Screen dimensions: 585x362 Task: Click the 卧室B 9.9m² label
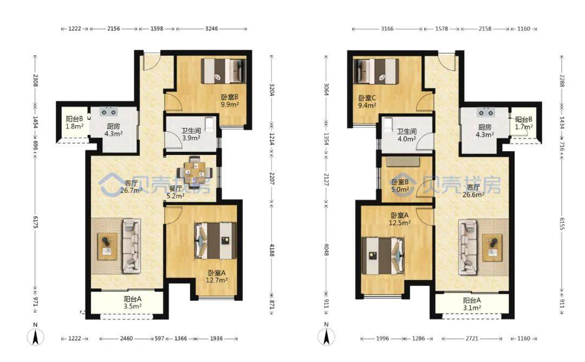pyautogui.click(x=230, y=101)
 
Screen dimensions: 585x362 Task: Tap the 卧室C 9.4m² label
pyautogui.click(x=367, y=101)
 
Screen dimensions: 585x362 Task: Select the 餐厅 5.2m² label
pyautogui.click(x=175, y=192)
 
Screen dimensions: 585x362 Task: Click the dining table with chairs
pyautogui.click(x=195, y=172)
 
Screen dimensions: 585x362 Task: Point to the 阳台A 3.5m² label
pyautogui.click(x=133, y=303)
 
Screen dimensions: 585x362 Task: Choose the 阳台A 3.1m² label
pyautogui.click(x=472, y=304)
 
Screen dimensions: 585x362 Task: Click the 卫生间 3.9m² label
pyautogui.click(x=191, y=134)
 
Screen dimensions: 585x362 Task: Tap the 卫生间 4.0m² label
pyautogui.click(x=406, y=135)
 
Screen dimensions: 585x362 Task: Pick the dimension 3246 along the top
pyautogui.click(x=212, y=28)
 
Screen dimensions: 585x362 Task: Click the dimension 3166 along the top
pyautogui.click(x=387, y=28)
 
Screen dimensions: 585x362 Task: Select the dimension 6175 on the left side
pyautogui.click(x=35, y=222)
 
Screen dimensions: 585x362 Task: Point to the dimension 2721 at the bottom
pyautogui.click(x=472, y=339)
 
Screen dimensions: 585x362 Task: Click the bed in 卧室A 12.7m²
pyautogui.click(x=215, y=241)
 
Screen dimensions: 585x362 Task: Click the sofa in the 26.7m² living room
pyautogui.click(x=132, y=245)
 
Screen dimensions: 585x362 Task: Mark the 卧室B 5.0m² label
pyautogui.click(x=400, y=186)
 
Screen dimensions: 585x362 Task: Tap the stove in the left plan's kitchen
pyautogui.click(x=109, y=112)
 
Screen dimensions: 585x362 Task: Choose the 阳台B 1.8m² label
pyautogui.click(x=75, y=122)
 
